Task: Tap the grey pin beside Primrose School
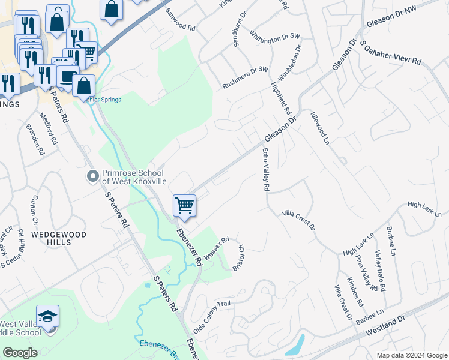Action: tap(92, 176)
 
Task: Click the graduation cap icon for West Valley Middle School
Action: tap(48, 316)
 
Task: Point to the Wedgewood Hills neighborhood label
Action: tap(59, 238)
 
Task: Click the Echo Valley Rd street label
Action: tap(264, 170)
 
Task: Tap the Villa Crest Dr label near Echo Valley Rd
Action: tap(298, 220)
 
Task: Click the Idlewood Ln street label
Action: tap(320, 127)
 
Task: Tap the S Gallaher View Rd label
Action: tap(391, 53)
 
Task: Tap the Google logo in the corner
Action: tap(19, 353)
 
